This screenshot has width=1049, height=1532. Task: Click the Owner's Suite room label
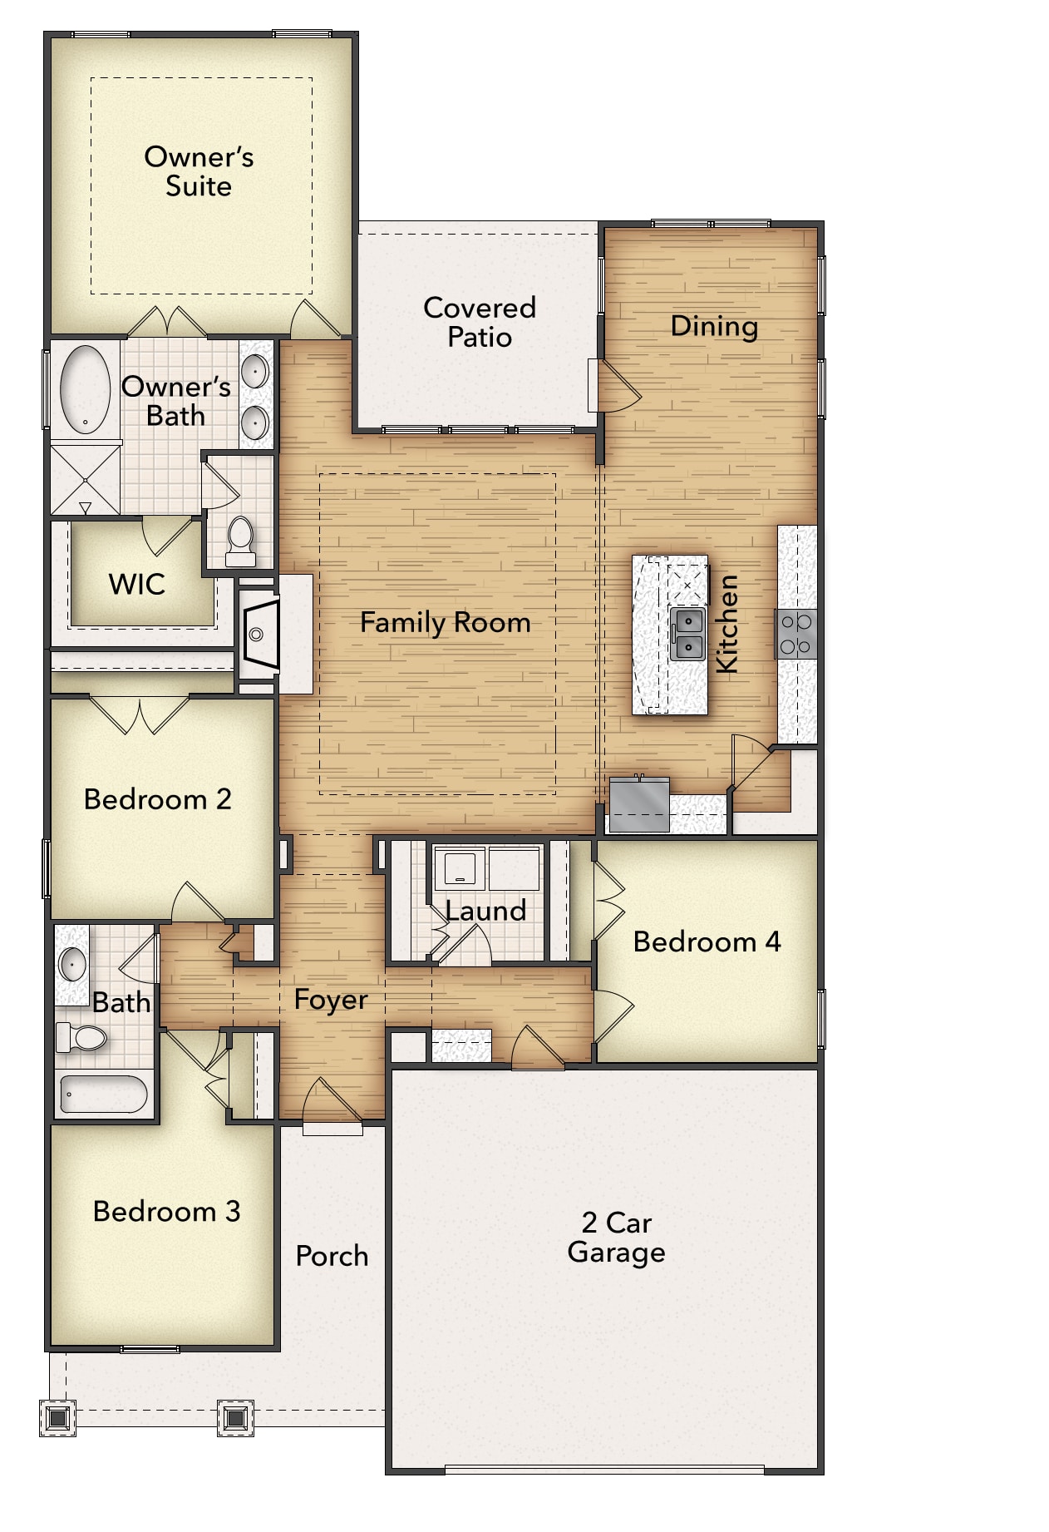point(199,171)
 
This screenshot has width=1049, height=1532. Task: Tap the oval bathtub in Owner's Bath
point(85,389)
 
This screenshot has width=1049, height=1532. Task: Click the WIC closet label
point(136,585)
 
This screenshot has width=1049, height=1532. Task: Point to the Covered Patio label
point(479,322)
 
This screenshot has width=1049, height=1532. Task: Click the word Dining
point(713,326)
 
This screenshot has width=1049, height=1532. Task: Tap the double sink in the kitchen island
point(687,634)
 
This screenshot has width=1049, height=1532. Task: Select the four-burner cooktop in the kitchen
point(795,634)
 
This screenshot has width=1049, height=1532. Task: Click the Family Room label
point(445,622)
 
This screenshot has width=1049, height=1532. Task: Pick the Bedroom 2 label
point(157,799)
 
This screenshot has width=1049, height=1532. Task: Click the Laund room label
point(485,911)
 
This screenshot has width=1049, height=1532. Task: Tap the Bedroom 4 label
point(707,941)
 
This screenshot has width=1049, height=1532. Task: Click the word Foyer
point(330,1000)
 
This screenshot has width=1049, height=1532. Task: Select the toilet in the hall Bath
point(81,1037)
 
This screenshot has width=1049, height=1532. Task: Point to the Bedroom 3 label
point(166,1211)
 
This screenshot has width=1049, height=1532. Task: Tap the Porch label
point(332,1256)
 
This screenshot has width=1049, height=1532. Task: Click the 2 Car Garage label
point(616,1238)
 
